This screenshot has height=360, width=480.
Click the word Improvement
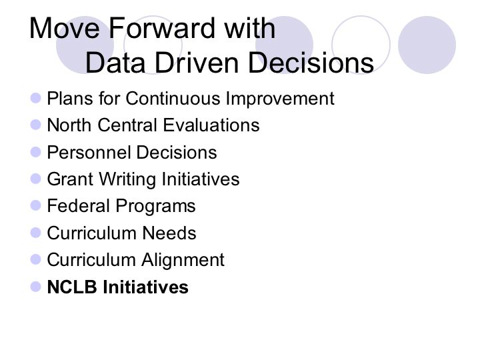280,99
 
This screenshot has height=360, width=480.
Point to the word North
69,125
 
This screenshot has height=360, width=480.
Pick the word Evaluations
211,125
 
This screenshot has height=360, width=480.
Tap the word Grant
70,179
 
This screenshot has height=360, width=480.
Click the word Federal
79,206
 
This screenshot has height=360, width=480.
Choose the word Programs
155,207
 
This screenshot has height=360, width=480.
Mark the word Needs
169,233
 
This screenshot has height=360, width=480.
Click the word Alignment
183,261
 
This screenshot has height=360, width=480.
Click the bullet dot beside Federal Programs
36,205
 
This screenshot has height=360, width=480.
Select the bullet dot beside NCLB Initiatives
36,287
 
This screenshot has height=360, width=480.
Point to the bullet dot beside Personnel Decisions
36,152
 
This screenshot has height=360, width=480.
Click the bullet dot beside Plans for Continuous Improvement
36,98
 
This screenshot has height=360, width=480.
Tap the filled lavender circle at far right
427,45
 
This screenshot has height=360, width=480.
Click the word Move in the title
64,28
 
